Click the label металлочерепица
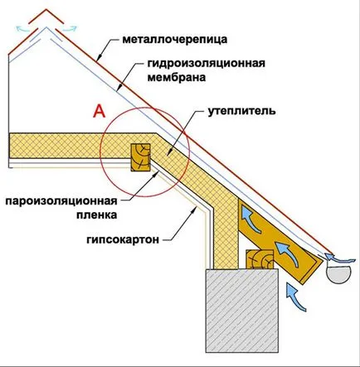click(175, 40)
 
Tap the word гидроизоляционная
click(206, 64)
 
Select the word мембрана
click(177, 77)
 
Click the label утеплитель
click(241, 111)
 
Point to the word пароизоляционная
click(61, 200)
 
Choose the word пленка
click(97, 215)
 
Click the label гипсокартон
click(123, 239)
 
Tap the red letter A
click(100, 111)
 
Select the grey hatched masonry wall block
click(241, 309)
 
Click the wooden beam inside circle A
click(141, 157)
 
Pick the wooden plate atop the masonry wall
click(260, 259)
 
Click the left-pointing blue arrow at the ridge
click(23, 28)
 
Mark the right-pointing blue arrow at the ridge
click(69, 28)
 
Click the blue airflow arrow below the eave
click(295, 297)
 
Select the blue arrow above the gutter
click(338, 258)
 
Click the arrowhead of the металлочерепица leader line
click(97, 59)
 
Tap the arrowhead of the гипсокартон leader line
click(194, 209)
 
